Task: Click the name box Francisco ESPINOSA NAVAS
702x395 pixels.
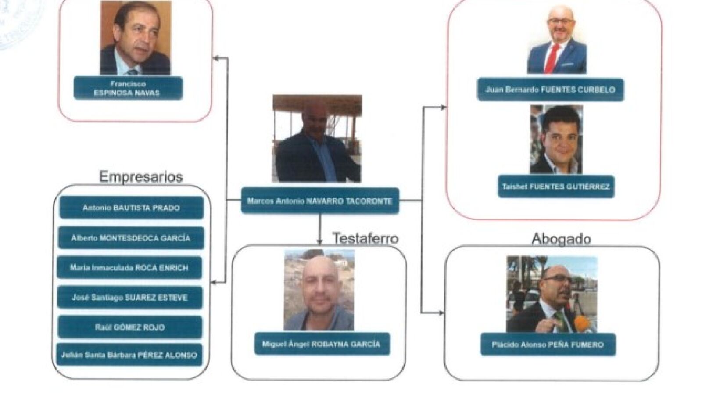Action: click(128, 88)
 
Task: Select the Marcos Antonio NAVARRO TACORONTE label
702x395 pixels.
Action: click(320, 201)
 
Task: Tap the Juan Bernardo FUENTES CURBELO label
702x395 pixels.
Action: click(550, 90)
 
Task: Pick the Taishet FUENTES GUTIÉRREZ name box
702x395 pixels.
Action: click(555, 187)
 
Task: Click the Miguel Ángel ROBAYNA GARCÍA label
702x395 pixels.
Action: click(322, 344)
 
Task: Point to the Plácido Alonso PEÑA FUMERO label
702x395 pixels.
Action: click(548, 345)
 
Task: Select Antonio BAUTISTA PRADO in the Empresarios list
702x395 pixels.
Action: click(131, 208)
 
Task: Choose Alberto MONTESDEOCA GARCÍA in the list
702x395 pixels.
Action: click(131, 238)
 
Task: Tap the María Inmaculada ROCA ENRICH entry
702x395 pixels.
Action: click(129, 267)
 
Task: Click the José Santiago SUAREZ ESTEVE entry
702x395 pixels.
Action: click(129, 298)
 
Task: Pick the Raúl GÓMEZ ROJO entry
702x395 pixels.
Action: click(130, 327)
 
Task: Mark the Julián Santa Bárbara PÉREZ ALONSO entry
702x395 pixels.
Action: click(129, 355)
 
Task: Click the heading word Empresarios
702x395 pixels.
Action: click(140, 176)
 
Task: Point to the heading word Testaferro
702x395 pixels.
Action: click(365, 238)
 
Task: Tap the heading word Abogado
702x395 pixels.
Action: click(561, 239)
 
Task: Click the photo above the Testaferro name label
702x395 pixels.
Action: click(319, 290)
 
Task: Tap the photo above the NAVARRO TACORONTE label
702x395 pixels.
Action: click(316, 138)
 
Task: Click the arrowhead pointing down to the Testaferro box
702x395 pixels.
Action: click(320, 241)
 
